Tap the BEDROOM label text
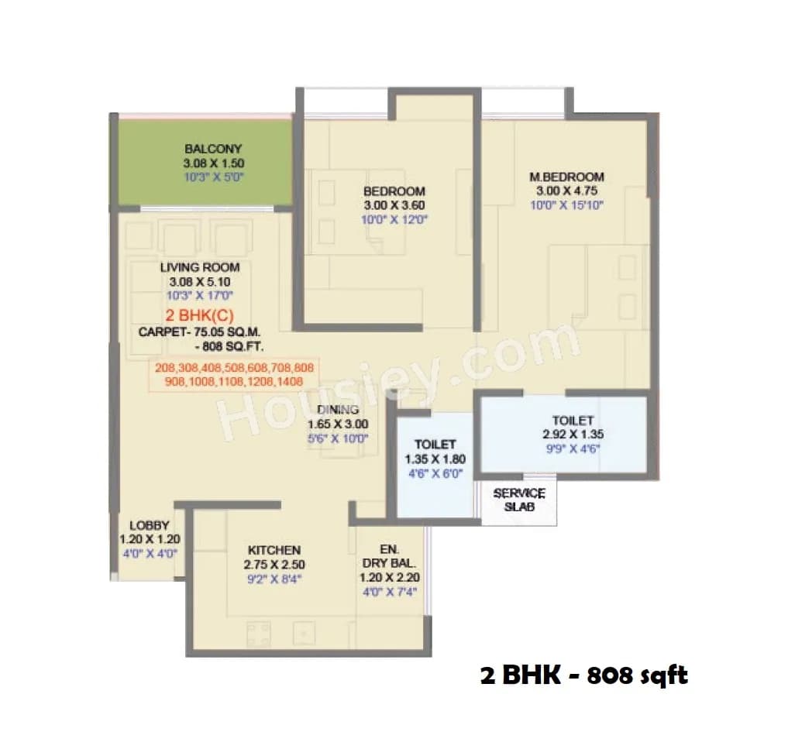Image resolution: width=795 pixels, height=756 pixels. (x=394, y=191)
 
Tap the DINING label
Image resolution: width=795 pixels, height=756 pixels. (x=338, y=410)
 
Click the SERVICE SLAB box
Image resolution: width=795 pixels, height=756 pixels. (x=519, y=500)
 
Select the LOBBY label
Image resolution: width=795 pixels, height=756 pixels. (x=149, y=525)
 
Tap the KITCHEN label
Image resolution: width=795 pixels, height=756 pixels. (x=274, y=550)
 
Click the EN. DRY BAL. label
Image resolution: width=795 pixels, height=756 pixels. (x=388, y=556)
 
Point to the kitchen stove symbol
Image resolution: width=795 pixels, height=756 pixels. (x=258, y=634)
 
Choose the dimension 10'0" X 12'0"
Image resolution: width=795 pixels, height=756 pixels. (x=394, y=219)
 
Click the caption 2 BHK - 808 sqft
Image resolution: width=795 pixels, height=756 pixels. (x=583, y=675)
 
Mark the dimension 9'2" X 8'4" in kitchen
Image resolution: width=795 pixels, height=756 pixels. (x=274, y=578)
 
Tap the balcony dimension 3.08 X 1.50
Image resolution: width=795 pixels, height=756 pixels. (x=213, y=163)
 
